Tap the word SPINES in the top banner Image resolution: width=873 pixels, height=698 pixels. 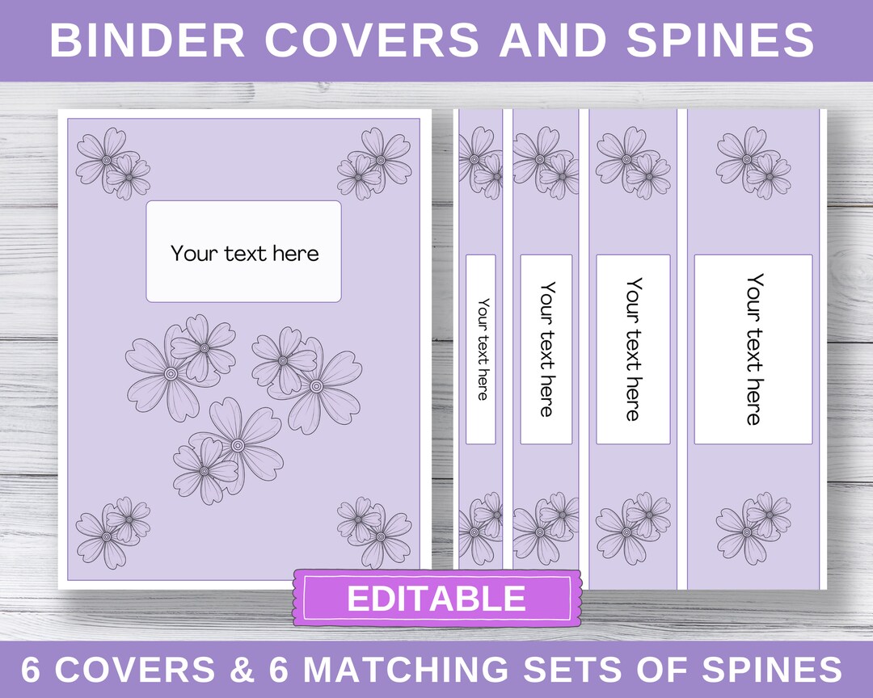pos(720,40)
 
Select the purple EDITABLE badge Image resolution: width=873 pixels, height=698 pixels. pos(436,599)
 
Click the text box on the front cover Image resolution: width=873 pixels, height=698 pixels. pos(243,252)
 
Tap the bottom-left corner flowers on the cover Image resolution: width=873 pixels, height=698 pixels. pos(112,532)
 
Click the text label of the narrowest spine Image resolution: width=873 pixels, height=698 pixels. pos(481,349)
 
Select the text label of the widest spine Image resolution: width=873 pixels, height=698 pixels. pos(753,349)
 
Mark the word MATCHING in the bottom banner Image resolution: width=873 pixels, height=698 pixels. pos(395,670)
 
